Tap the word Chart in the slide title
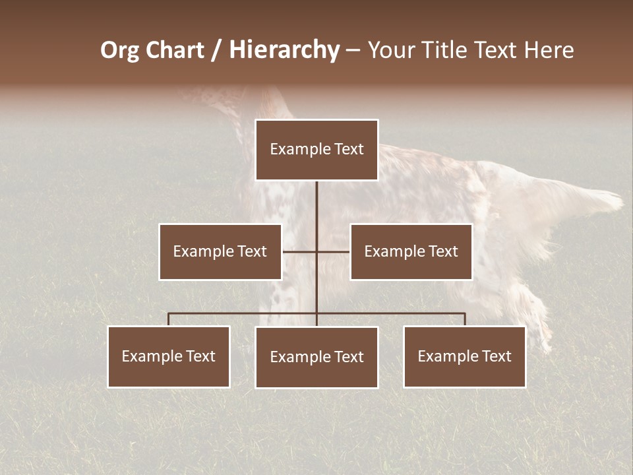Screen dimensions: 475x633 [178, 50]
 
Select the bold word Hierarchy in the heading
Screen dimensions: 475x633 [284, 50]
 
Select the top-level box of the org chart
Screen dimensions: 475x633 [316, 150]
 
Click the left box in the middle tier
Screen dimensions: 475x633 [220, 251]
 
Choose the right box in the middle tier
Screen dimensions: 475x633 [411, 251]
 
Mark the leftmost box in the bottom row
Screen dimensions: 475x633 [169, 356]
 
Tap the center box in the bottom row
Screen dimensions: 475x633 [316, 357]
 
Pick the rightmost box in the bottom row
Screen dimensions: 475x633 [464, 356]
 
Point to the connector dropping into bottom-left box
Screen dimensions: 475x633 [169, 319]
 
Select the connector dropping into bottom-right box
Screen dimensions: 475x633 [465, 319]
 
